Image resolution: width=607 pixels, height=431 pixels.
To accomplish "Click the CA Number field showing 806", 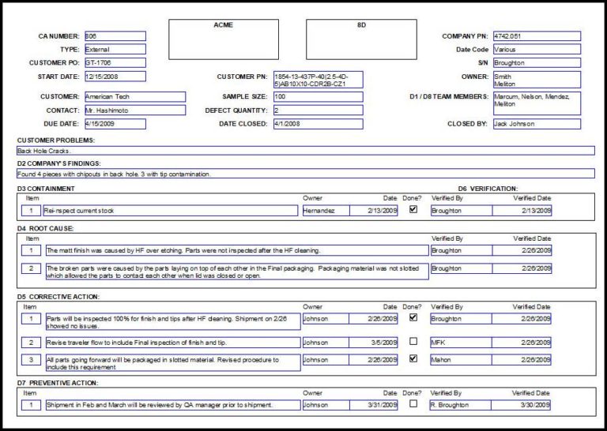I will [114, 36].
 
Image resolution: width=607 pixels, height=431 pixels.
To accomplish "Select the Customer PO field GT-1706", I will [114, 62].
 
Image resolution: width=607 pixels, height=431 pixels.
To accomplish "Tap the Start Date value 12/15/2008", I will [114, 77].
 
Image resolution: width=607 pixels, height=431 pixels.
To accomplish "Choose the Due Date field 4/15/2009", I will [114, 124].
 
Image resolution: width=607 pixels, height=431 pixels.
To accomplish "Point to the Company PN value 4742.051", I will [536, 36].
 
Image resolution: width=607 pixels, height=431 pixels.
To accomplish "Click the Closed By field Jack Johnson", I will [536, 124].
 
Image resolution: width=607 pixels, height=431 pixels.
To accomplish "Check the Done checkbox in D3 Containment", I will [413, 210].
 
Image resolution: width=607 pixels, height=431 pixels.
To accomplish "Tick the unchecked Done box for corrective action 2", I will [413, 342].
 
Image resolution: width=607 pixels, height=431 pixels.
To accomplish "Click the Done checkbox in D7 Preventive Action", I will [413, 404].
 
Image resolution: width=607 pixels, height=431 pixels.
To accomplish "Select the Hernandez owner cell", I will [323, 211].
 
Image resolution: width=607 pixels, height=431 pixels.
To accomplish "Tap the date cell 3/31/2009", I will [373, 405].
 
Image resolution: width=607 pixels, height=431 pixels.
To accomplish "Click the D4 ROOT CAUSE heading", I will [46, 228].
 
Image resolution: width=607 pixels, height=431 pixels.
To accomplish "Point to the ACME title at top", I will [223, 25].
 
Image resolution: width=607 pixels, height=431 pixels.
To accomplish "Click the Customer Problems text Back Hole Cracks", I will [44, 151].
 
